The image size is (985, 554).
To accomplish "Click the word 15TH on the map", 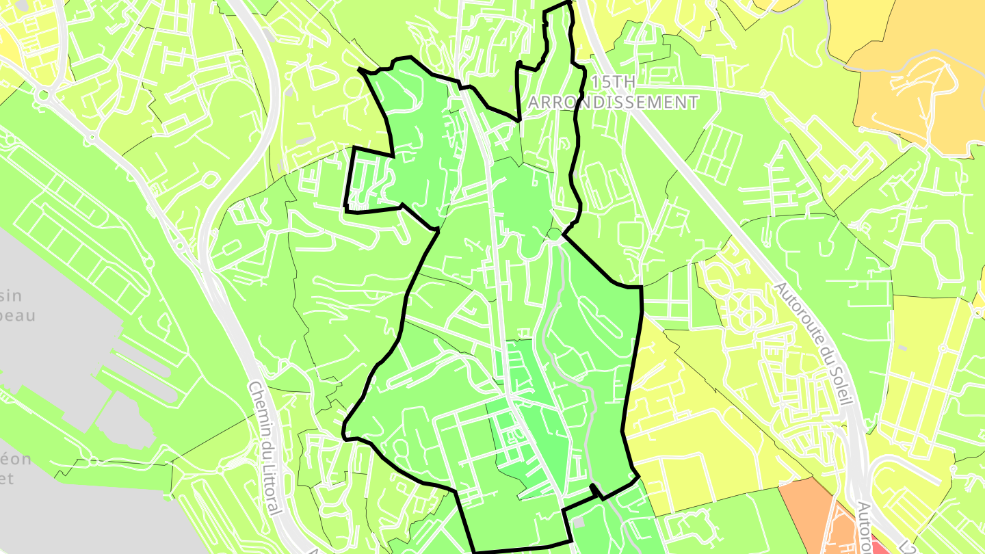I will [614, 82].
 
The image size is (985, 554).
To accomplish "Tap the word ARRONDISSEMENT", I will [614, 103].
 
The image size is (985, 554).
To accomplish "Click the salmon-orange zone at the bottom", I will [807, 513].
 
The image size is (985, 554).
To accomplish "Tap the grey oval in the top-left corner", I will [23, 5].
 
